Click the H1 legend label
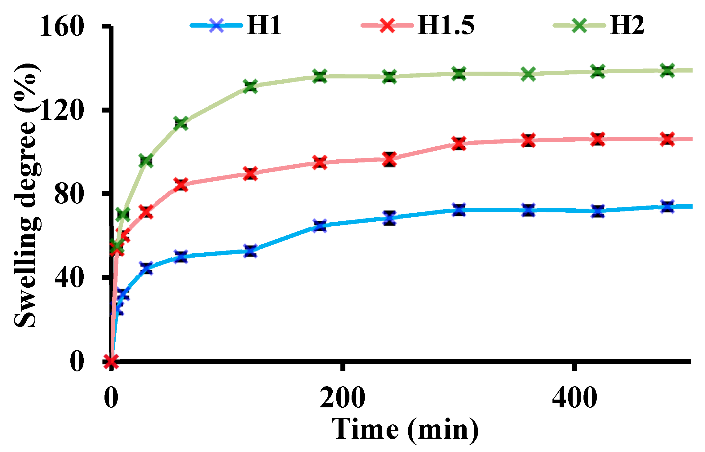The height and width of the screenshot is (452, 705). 264,25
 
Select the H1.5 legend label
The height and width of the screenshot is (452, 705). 446,25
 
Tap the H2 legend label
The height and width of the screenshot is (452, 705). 627,25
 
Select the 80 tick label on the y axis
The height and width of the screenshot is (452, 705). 69,194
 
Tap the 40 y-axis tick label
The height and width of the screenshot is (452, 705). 69,278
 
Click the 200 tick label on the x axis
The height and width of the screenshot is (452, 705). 342,398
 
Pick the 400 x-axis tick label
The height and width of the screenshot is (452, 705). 574,398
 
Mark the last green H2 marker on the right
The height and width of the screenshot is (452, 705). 667,71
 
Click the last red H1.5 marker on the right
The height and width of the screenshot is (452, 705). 667,139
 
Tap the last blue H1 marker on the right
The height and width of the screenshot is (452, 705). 667,206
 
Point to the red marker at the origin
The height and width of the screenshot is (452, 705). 111,361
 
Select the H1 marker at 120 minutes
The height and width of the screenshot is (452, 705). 250,251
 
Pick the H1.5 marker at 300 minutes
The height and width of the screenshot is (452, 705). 459,144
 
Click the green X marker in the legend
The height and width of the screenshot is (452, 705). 579,25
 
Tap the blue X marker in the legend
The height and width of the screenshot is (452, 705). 216,25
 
